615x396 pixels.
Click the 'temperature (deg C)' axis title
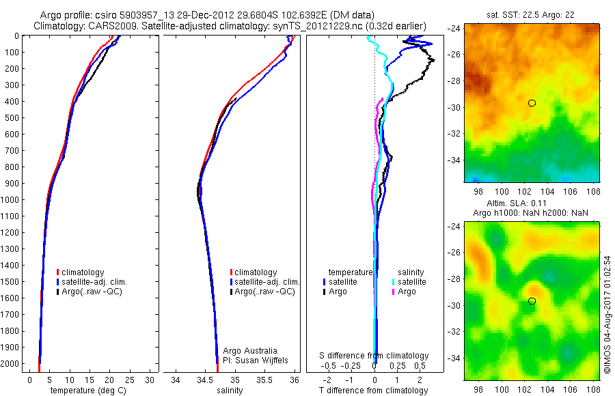tap(86, 391)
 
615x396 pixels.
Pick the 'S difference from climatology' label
tap(374, 356)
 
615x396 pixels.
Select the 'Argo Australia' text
tap(251, 350)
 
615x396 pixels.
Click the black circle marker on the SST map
tap(532, 103)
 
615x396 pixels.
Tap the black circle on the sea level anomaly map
tap(532, 301)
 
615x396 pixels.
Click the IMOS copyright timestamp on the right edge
tap(607, 314)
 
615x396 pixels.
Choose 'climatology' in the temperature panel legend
tap(83, 272)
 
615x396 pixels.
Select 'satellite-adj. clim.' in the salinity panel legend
tap(267, 282)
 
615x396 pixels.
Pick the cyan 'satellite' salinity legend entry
tap(412, 281)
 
